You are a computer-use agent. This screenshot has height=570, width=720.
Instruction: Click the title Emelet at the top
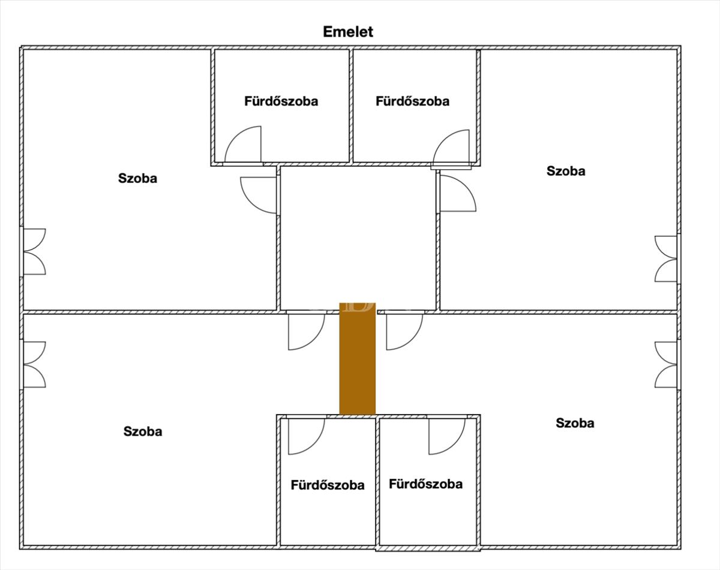click(348, 32)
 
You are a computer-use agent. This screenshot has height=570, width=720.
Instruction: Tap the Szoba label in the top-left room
click(137, 178)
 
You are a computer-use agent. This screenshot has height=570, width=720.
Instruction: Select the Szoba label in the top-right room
click(566, 171)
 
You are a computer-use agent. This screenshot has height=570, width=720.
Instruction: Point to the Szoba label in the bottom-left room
click(143, 431)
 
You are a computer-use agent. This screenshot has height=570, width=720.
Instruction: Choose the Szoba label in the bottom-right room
click(575, 423)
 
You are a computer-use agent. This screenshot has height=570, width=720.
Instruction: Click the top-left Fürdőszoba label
click(281, 101)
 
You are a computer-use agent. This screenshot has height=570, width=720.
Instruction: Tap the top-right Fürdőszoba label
click(412, 101)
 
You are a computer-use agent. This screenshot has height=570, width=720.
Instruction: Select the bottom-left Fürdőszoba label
click(327, 485)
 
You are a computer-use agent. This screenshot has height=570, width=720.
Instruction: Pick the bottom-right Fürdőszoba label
click(425, 484)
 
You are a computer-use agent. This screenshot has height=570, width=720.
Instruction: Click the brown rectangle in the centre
click(358, 359)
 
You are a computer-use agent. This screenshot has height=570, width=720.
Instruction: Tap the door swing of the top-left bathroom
click(245, 146)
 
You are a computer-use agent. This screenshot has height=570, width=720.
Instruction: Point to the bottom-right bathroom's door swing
click(448, 436)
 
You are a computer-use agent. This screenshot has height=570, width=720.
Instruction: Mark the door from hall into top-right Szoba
click(457, 193)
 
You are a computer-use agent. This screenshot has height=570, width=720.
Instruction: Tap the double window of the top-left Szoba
click(34, 251)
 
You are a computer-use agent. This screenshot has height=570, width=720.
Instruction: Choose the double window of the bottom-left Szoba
click(34, 364)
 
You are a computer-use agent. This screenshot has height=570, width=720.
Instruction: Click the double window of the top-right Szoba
click(667, 259)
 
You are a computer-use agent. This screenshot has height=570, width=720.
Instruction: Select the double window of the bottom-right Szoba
click(667, 364)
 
